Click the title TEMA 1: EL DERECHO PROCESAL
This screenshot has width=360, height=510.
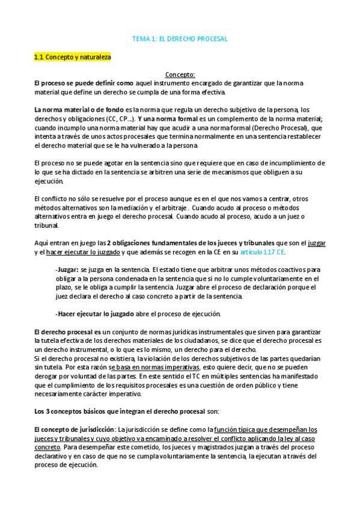pos(180,38)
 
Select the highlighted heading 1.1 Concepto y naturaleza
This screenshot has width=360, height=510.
pos(72,57)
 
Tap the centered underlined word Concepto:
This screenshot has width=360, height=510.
pos(180,75)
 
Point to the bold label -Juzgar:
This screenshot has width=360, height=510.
pos(67,269)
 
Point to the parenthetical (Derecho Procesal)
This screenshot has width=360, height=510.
pos(275,127)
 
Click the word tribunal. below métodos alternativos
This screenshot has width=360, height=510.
pos(47,226)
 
